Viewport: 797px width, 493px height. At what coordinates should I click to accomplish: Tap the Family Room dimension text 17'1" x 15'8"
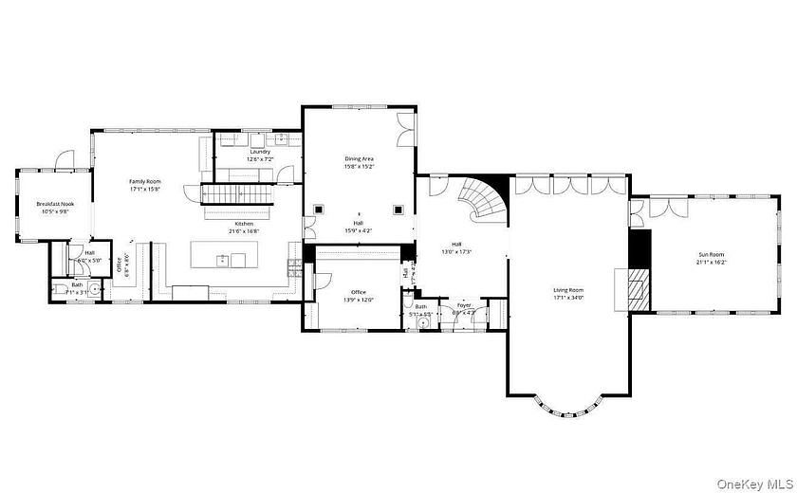click(145, 189)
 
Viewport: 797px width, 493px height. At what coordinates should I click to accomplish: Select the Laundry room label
click(260, 152)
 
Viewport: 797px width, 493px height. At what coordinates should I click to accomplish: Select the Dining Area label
click(359, 158)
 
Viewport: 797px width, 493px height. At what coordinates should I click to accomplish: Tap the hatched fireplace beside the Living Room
click(638, 287)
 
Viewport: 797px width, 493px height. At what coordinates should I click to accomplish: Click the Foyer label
click(464, 305)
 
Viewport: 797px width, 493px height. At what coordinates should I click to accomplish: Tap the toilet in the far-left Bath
click(59, 289)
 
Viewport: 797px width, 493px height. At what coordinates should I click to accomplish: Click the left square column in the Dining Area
click(321, 210)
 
